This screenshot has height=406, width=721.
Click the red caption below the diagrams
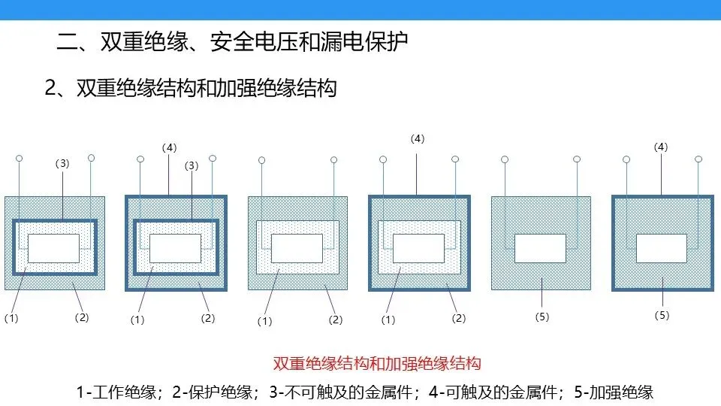(x=376, y=365)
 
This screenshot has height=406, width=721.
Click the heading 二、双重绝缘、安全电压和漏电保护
(x=233, y=41)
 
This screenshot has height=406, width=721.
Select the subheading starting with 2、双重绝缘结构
(x=191, y=88)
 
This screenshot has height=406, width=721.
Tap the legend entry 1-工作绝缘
(x=116, y=392)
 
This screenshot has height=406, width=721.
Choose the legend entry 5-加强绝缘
(x=611, y=392)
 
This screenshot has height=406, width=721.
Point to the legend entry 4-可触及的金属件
(x=496, y=392)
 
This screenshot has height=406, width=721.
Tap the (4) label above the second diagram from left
(x=169, y=147)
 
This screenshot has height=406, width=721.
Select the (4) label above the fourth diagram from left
(x=418, y=138)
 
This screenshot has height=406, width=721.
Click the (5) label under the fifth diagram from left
(x=542, y=317)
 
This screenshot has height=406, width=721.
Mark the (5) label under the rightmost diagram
(x=662, y=315)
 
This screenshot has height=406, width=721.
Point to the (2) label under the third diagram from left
(x=336, y=320)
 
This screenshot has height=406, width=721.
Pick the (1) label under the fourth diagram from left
(x=388, y=320)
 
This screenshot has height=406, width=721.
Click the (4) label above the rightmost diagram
(x=661, y=147)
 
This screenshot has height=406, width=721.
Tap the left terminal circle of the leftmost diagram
(x=20, y=159)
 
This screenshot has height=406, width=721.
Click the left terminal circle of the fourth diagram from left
(x=383, y=159)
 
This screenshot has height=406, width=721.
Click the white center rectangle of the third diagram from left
(x=297, y=248)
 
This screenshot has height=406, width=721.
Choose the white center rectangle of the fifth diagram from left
(x=541, y=248)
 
